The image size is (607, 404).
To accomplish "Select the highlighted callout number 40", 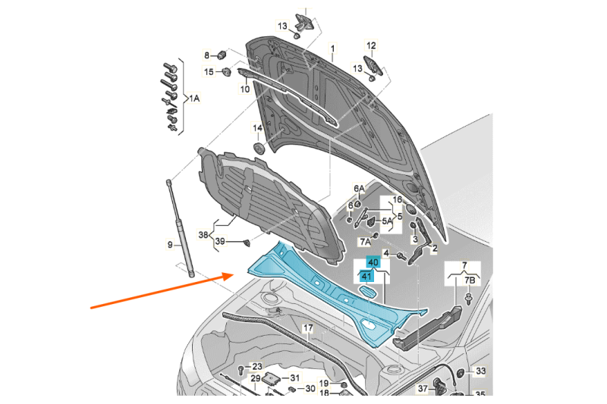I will [x=373, y=262].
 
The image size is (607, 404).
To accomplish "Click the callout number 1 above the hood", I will [x=332, y=50].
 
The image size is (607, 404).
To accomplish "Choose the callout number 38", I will [x=203, y=235].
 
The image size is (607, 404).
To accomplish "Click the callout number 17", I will [x=307, y=328].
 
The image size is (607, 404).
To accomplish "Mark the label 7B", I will [x=470, y=280].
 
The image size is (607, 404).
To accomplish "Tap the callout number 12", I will [x=372, y=45].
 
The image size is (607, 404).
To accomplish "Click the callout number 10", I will [x=245, y=89].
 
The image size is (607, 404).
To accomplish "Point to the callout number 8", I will [x=206, y=55].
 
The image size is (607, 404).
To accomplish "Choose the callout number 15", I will [x=208, y=72].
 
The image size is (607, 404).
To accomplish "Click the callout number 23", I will [x=256, y=367].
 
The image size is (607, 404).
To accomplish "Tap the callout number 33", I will [x=480, y=372].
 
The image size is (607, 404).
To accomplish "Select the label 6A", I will [x=359, y=189].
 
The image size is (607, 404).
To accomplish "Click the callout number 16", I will [x=396, y=200].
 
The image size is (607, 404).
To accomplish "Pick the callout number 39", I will [x=219, y=242].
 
